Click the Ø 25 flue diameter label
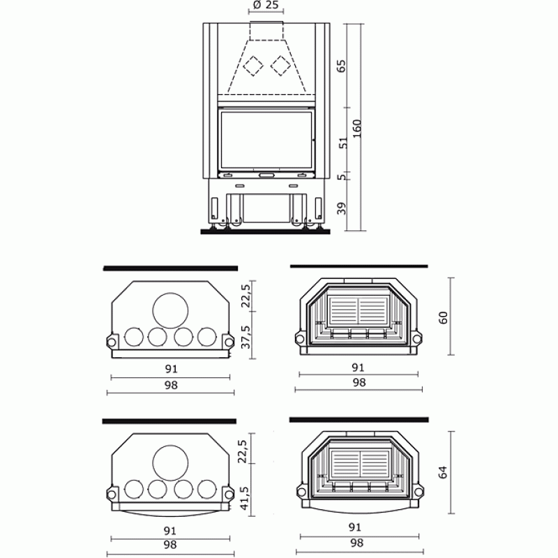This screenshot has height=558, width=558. point(266,6)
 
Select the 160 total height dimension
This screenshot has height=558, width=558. point(356,129)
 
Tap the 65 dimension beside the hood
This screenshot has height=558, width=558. point(341,66)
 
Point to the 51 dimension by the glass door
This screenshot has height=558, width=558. point(343,143)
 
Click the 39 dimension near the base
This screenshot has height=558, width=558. point(341,209)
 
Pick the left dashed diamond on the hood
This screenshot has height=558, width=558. point(253,66)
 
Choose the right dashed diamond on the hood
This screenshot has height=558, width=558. point(281,66)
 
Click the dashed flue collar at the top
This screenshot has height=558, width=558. point(266,31)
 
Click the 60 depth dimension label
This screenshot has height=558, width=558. point(443,317)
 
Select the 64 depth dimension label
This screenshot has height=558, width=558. point(443,472)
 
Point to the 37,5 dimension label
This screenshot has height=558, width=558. point(246,337)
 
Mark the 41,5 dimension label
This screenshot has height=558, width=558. point(244,498)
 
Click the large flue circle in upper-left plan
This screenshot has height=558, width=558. point(170,310)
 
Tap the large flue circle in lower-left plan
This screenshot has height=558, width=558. point(170,462)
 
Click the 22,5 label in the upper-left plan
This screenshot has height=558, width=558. point(246,296)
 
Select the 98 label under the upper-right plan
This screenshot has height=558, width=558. point(359,382)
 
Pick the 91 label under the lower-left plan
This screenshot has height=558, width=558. point(170,531)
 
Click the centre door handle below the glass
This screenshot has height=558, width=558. point(266,175)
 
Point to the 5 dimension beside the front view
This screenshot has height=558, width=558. point(342,177)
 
